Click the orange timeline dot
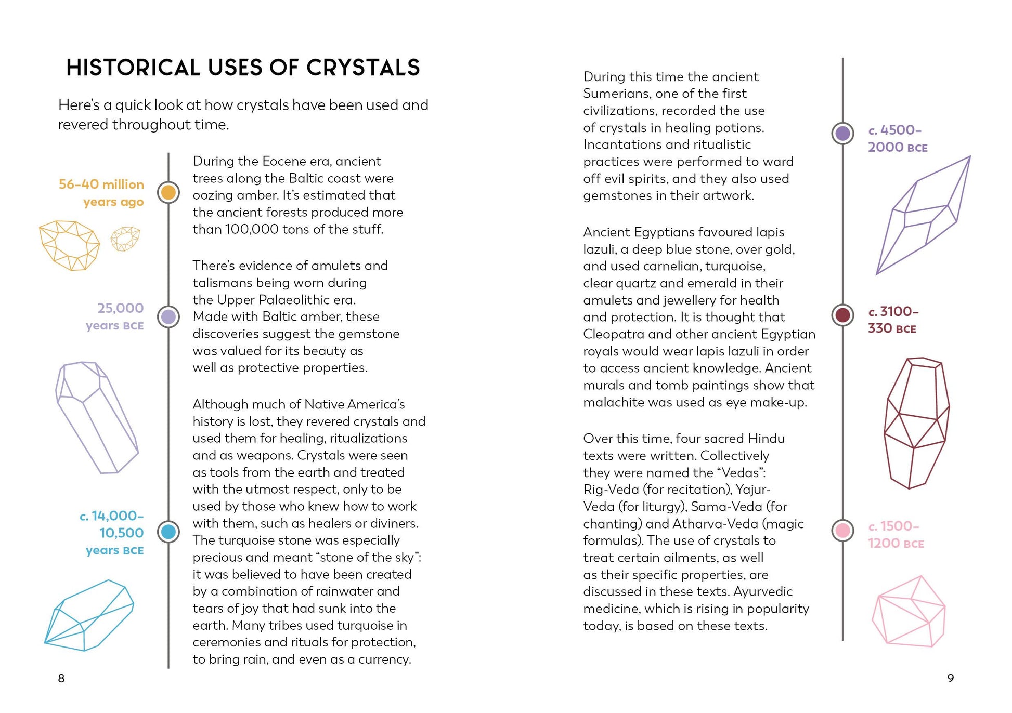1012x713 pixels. [168, 193]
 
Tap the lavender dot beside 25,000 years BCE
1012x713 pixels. [168, 316]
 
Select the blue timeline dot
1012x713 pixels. [168, 532]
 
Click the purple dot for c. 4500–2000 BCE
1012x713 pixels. [842, 134]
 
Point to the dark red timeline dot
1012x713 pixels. [842, 315]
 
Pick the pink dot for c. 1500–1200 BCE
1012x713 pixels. [842, 531]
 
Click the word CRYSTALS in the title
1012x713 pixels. [363, 68]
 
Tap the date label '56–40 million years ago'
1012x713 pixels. [102, 193]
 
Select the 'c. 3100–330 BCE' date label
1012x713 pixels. [892, 320]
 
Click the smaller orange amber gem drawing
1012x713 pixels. [125, 239]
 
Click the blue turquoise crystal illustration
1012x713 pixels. [89, 616]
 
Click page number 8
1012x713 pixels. [61, 678]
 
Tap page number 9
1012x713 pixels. [950, 678]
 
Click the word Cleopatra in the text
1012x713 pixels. [614, 334]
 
